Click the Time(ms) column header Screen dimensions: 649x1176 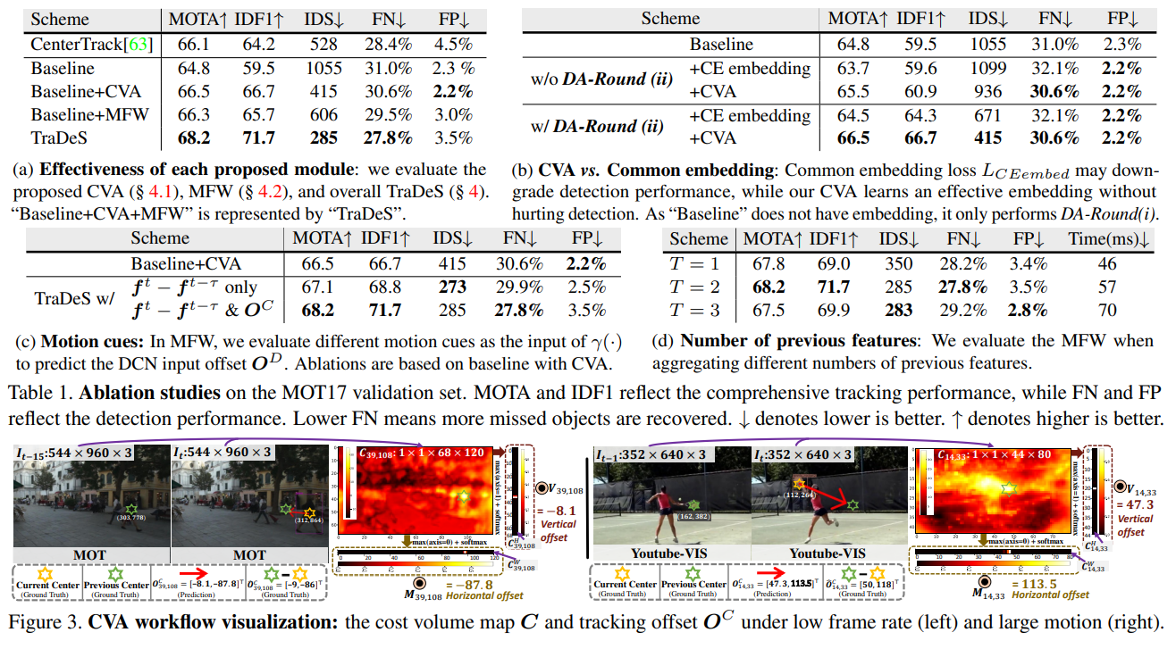(x=1107, y=239)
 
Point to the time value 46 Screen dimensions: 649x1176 (x=1107, y=264)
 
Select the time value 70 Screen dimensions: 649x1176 (x=1107, y=311)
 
